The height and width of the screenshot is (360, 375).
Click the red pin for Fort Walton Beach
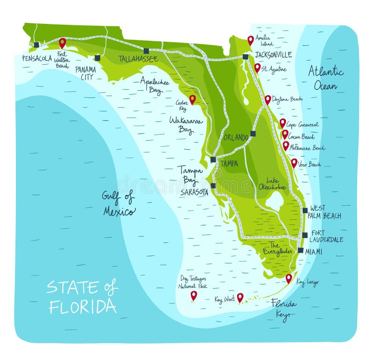click(62, 43)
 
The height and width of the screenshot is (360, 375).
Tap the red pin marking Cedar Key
click(192, 99)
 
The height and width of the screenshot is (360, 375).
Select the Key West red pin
click(240, 297)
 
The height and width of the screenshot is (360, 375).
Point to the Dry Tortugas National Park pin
click(194, 295)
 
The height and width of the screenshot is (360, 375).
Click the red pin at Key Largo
click(289, 278)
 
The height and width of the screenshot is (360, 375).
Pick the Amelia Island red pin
click(251, 40)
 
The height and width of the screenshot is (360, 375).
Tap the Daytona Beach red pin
click(268, 99)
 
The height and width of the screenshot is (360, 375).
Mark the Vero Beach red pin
click(294, 163)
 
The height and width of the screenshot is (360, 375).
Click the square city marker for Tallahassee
click(146, 51)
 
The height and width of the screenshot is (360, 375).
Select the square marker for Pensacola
click(37, 45)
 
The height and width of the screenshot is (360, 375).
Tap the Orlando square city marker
click(253, 134)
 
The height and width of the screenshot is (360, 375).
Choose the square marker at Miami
click(300, 250)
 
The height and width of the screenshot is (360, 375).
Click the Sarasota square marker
click(213, 186)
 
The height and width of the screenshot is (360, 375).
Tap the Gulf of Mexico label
click(119, 203)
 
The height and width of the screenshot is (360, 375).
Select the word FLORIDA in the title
click(82, 306)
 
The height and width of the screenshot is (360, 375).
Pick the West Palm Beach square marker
click(305, 210)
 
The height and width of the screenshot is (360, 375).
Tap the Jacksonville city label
click(273, 55)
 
